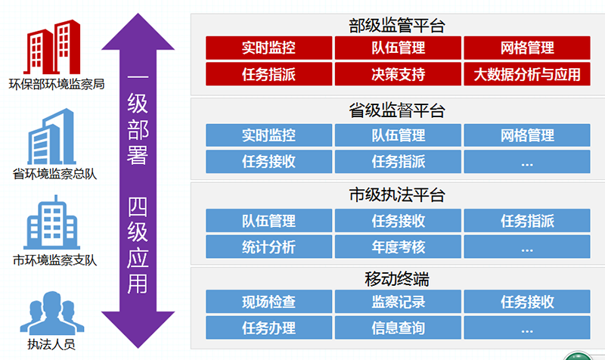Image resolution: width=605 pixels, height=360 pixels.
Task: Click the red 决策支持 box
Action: pos(398,74)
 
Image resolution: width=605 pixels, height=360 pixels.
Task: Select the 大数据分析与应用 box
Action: pos(527,74)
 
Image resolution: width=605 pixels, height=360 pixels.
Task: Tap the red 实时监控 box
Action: pos(269,48)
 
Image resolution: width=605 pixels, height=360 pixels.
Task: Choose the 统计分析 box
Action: pos(269,247)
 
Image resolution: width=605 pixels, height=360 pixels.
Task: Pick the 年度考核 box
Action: pos(398,247)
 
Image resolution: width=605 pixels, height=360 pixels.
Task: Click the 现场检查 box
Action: pos(269,301)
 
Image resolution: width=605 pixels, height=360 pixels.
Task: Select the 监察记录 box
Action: pos(398,301)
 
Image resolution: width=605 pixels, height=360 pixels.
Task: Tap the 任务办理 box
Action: pos(269,327)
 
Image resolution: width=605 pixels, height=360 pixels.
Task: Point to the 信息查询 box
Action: pos(398,327)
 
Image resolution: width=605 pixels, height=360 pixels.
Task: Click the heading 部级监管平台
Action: pos(397,26)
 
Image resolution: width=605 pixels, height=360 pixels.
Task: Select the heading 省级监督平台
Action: pos(397,110)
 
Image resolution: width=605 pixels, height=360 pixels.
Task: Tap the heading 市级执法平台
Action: pos(397,195)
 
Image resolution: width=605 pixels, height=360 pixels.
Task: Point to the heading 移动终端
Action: pos(397,279)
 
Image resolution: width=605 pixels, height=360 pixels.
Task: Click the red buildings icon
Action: pos(52,47)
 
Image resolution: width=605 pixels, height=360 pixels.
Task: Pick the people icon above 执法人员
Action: pos(51,312)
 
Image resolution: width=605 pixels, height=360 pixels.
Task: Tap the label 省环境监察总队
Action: pos(54,174)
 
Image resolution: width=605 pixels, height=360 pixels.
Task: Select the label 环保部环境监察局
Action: pos(57,84)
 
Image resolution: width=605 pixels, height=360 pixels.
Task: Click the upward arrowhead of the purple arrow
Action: pos(138,33)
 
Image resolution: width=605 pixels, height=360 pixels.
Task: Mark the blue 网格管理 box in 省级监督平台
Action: pos(527,135)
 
